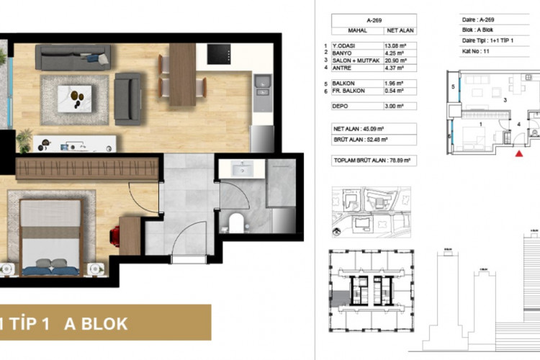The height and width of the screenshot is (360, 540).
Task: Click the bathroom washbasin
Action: (238, 169)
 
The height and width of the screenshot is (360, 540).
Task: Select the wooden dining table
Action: (182, 74)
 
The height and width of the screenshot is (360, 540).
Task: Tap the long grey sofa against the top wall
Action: (73, 58)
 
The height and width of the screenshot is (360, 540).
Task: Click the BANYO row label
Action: (343, 53)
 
